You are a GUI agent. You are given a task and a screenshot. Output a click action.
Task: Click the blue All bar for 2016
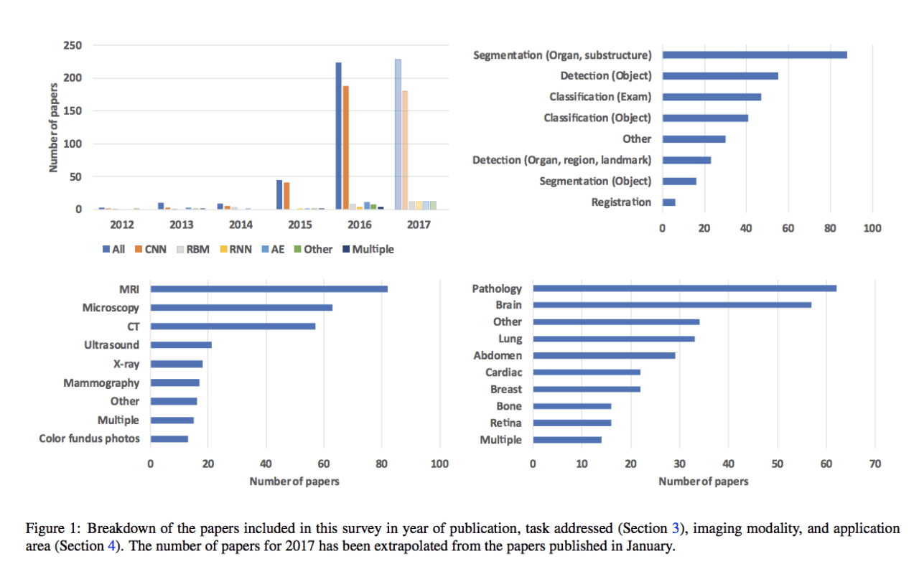pyautogui.click(x=339, y=136)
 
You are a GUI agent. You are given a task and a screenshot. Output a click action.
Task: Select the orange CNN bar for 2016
pyautogui.click(x=346, y=148)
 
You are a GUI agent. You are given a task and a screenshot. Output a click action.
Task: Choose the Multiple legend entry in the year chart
pyautogui.click(x=368, y=249)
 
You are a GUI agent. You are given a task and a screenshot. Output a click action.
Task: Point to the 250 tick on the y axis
pyautogui.click(x=73, y=45)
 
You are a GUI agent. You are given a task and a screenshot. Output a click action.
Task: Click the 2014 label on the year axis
pyautogui.click(x=241, y=225)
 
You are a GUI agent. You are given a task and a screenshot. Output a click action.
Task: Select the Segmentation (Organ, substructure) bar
pyautogui.click(x=755, y=55)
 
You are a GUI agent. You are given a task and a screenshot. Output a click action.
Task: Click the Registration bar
pyautogui.click(x=668, y=202)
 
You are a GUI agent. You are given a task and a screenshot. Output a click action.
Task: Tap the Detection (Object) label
pyautogui.click(x=605, y=75)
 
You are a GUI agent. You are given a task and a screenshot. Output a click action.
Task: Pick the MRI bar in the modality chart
pyautogui.click(x=269, y=289)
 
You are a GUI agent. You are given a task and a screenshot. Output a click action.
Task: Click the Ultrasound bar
pyautogui.click(x=181, y=345)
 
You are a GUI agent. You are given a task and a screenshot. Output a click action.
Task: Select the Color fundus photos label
pyautogui.click(x=89, y=438)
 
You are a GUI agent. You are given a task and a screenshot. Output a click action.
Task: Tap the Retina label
pyautogui.click(x=505, y=423)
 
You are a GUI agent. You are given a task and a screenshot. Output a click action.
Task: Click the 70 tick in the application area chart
pyautogui.click(x=874, y=464)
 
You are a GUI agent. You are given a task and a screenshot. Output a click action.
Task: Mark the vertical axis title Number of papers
pyautogui.click(x=54, y=128)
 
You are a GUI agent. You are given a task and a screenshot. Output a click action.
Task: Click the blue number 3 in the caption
pyautogui.click(x=675, y=529)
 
